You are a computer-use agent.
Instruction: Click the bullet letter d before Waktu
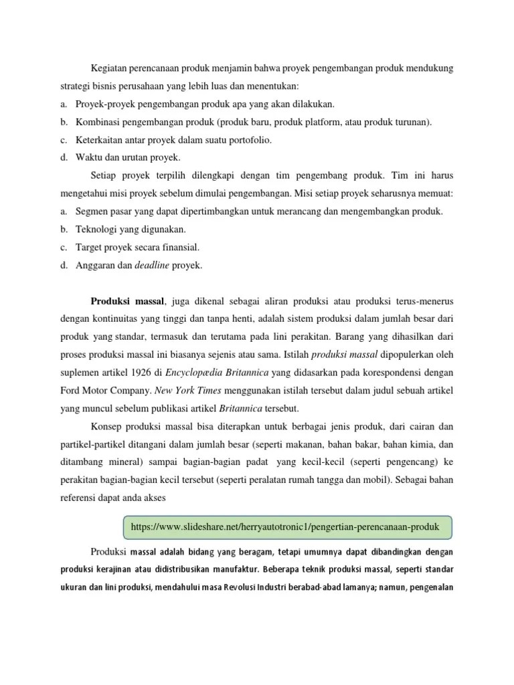point(62,158)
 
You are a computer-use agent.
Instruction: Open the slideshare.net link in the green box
point(286,527)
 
